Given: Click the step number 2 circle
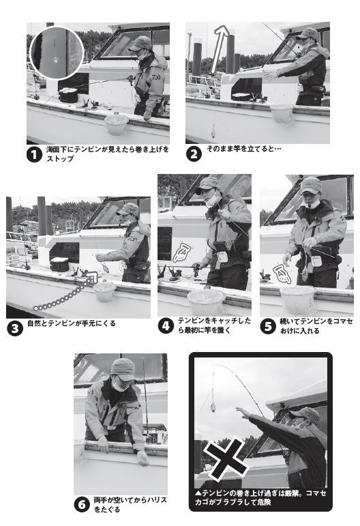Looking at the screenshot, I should tap(194, 154).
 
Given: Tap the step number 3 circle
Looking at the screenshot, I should tap(14, 326).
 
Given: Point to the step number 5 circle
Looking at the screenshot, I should tap(269, 325).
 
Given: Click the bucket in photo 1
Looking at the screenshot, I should tap(117, 123).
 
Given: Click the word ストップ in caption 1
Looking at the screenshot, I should tap(59, 159).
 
